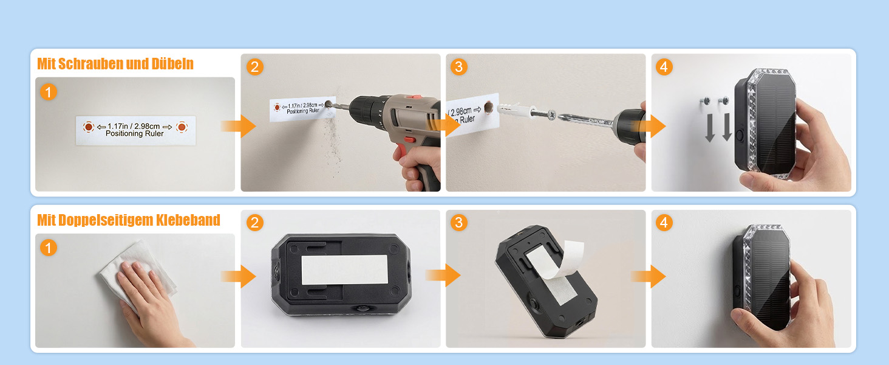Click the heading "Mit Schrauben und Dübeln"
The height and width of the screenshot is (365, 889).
click(115, 64)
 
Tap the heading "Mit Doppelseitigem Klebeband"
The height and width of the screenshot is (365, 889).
click(129, 220)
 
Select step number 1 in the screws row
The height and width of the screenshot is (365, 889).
click(49, 92)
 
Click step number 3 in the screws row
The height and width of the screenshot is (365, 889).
click(459, 67)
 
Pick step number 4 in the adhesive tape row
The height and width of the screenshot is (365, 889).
click(664, 223)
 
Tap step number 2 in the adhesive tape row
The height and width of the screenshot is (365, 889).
click(255, 223)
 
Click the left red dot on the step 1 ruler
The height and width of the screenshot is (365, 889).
click(89, 127)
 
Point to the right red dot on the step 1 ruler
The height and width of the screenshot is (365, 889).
click(182, 127)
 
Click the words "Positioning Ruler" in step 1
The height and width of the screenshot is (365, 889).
click(135, 134)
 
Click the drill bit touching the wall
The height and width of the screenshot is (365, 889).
click(338, 106)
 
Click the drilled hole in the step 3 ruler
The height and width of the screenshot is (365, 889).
click(489, 107)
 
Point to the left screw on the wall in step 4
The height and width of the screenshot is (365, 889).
click(706, 100)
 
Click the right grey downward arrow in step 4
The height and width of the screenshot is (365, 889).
click(727, 127)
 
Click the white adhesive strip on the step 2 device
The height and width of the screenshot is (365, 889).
click(344, 269)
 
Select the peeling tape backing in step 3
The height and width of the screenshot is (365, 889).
click(562, 260)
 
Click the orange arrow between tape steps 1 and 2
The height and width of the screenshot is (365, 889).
click(238, 276)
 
